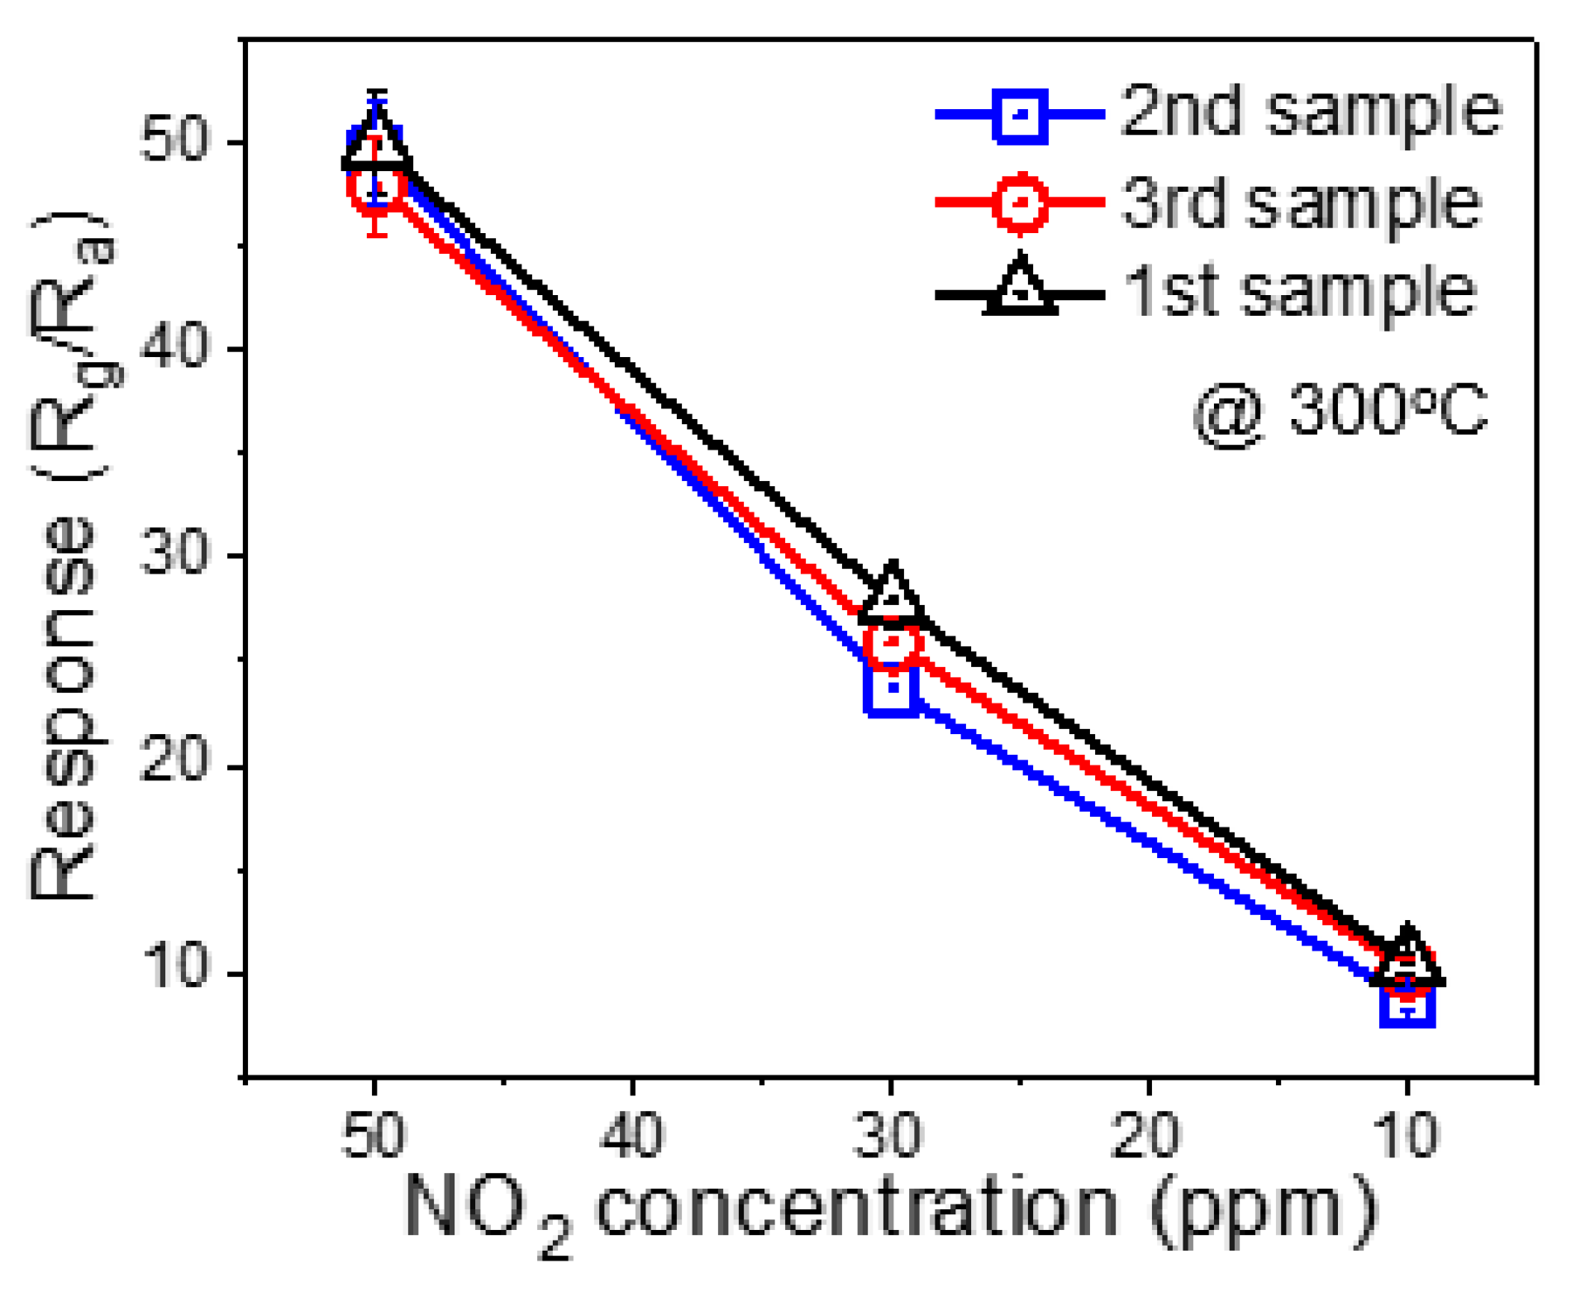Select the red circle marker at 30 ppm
[x=891, y=642]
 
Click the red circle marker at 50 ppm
[x=376, y=187]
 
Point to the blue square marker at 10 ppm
[x=1406, y=1003]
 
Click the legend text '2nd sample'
[x=1310, y=112]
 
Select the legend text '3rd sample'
[x=1300, y=203]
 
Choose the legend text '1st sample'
[x=1299, y=292]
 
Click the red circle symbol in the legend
[x=1020, y=203]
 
